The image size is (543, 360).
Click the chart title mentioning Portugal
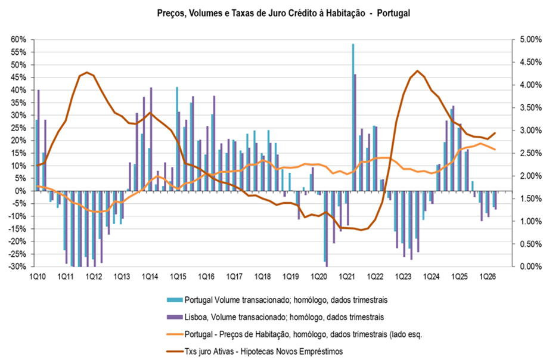(x=284, y=13)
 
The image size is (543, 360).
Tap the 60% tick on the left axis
(x=18, y=40)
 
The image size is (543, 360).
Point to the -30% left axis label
(x=17, y=267)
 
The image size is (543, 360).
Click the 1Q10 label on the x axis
(x=38, y=277)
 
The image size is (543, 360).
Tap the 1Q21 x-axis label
(x=347, y=277)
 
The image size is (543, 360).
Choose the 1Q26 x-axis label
(x=487, y=277)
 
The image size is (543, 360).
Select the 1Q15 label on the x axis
(x=178, y=277)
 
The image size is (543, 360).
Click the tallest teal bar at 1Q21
(x=353, y=117)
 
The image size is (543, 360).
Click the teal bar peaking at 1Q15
(x=177, y=139)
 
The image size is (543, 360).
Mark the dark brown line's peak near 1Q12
(x=86, y=72)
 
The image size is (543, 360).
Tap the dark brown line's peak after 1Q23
(x=417, y=70)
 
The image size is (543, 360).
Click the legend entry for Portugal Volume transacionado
(x=277, y=300)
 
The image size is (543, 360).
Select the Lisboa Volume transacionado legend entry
(x=275, y=317)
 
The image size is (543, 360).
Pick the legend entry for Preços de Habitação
(x=294, y=334)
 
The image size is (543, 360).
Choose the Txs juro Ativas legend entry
(x=255, y=352)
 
